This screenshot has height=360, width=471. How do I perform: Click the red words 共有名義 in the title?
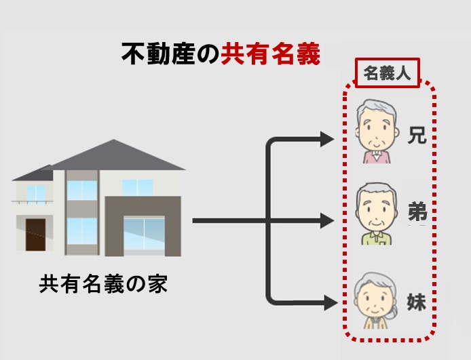click(270, 54)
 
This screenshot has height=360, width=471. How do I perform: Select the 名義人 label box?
click(387, 73)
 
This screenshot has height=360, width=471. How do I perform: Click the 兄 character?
click(416, 136)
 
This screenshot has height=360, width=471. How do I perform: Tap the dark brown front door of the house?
click(35, 235)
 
